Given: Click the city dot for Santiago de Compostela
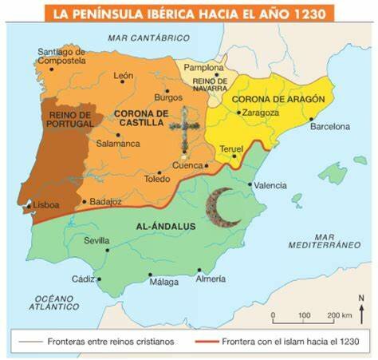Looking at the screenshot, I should [52, 69].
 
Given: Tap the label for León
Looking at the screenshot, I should [124, 77].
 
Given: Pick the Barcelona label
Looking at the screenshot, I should [329, 126].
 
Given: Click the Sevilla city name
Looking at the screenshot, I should [96, 240].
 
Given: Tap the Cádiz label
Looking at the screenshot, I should [83, 279].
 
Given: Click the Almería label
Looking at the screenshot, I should [210, 279].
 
